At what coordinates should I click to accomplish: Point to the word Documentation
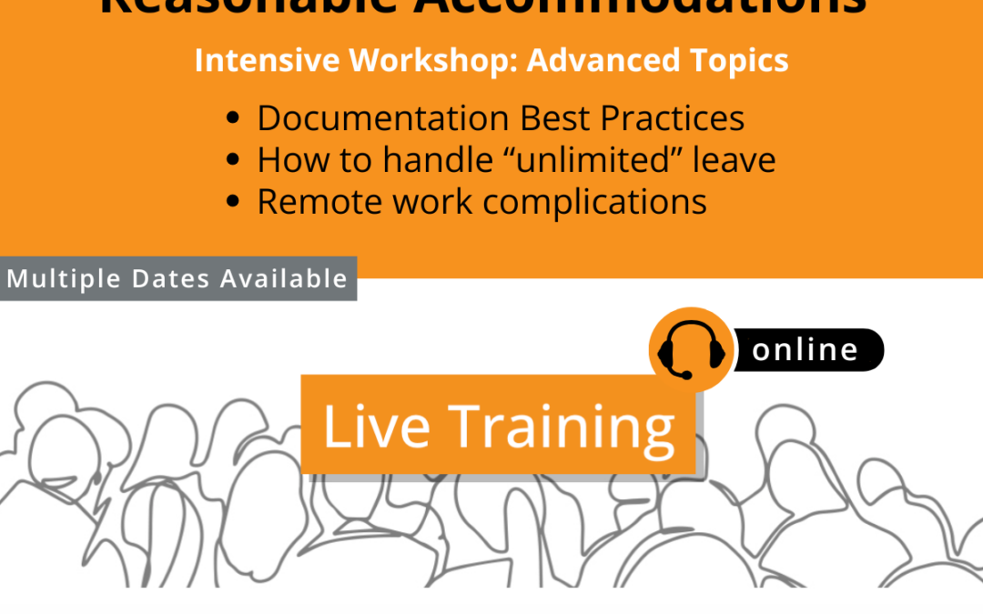(x=383, y=119)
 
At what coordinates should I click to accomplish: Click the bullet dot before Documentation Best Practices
(x=234, y=119)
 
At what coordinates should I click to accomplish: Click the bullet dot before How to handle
(x=234, y=161)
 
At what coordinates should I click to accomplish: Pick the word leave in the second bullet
(x=735, y=161)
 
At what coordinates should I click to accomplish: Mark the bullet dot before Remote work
(x=234, y=202)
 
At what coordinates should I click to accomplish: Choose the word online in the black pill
(x=806, y=350)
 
